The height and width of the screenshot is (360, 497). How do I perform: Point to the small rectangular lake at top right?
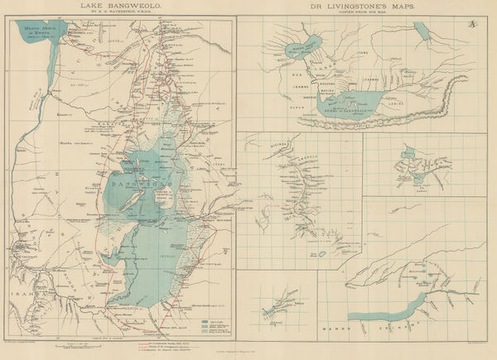coord(424,31)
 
